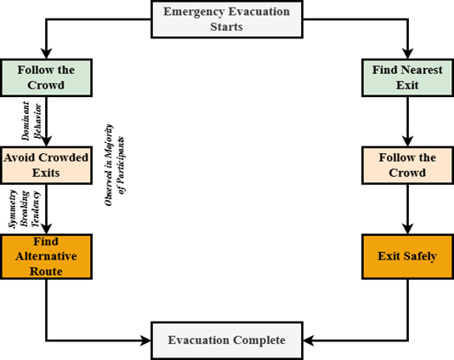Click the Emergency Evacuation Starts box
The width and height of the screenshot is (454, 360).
click(227, 19)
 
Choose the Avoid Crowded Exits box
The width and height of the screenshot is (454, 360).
click(45, 165)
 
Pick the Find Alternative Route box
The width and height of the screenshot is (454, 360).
click(45, 255)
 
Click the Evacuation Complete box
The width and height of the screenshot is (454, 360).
click(227, 340)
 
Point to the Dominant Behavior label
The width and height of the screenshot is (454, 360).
click(30, 120)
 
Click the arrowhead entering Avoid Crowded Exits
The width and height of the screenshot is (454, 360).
click(45, 142)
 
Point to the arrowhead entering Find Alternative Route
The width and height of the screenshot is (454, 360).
click(45, 228)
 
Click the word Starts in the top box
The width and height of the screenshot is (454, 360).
click(227, 26)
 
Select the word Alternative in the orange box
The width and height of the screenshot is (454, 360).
click(45, 254)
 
